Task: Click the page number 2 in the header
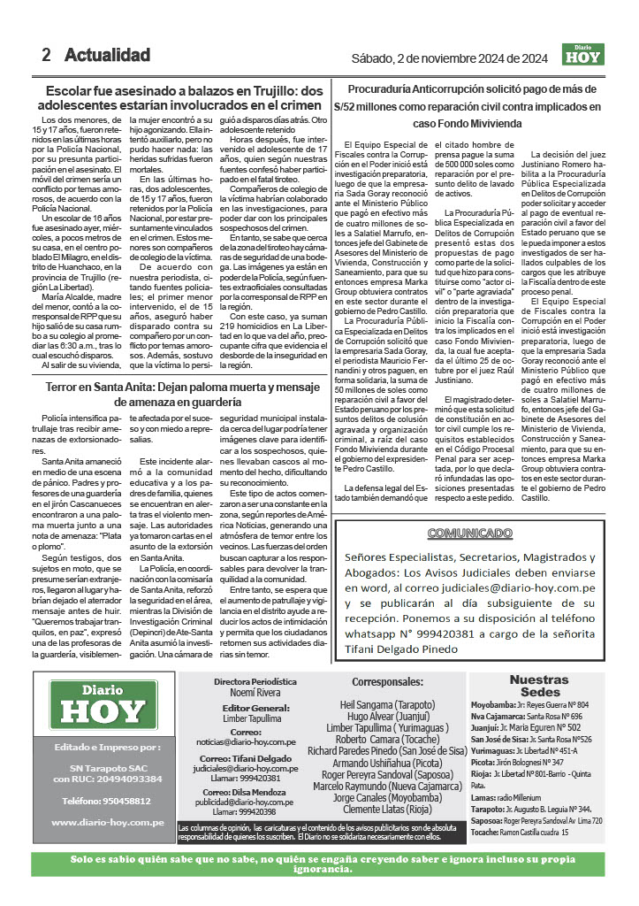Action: click(46, 55)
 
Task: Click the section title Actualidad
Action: click(107, 55)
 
